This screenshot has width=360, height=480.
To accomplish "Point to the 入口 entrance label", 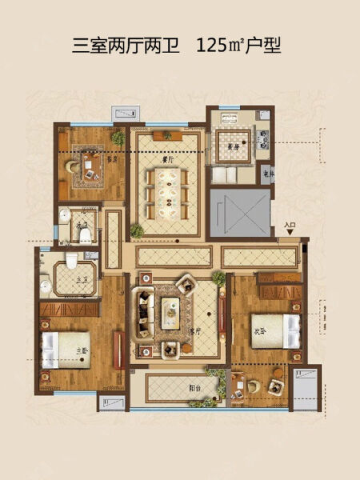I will [290, 226].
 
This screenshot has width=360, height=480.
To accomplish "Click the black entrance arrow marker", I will [290, 234].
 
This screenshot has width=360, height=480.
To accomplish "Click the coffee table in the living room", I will [170, 311].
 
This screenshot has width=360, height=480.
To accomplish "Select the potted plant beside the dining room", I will [137, 232].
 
